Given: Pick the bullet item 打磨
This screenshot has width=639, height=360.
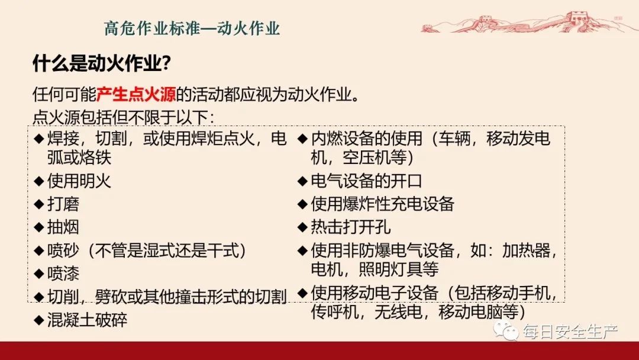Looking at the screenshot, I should pos(63,204).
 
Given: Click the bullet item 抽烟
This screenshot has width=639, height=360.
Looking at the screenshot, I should pos(63,227).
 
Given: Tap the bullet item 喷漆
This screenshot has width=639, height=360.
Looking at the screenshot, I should pos(63,274).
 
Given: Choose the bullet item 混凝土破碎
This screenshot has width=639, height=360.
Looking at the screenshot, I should pos(87,320).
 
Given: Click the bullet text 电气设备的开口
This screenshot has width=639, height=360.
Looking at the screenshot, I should pos(366,181).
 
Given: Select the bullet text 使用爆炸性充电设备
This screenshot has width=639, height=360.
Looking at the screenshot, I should pos(382,204).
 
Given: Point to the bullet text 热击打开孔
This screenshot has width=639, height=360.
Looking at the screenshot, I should pos(350,227).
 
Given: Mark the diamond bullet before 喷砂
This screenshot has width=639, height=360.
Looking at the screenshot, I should pos(38,251).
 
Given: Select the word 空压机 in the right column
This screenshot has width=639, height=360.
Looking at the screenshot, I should pos(367,158).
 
